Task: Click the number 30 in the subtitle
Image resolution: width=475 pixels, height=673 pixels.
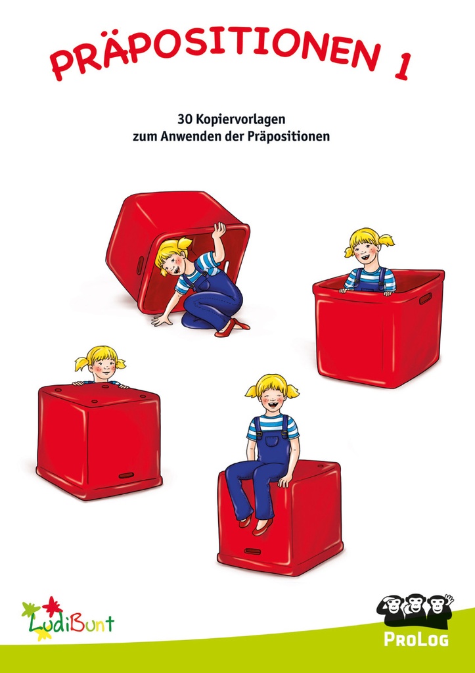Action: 184,120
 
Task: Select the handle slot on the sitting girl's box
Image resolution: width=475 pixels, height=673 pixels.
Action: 253,550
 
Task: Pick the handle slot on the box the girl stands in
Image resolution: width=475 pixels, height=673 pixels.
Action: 425,299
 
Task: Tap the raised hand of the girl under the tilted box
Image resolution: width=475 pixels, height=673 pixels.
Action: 218,229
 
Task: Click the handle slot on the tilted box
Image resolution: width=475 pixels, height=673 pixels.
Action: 139,266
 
